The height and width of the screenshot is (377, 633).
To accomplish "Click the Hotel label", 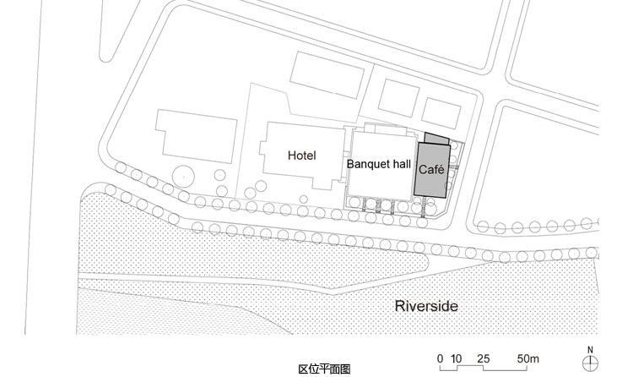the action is pyautogui.click(x=302, y=156).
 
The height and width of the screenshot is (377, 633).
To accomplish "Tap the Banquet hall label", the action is pyautogui.click(x=379, y=164).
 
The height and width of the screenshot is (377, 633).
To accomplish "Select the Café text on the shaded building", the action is pyautogui.click(x=431, y=169).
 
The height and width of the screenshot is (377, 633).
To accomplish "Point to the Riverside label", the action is pyautogui.click(x=426, y=306).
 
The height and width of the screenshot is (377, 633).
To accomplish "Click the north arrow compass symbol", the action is pyautogui.click(x=590, y=363).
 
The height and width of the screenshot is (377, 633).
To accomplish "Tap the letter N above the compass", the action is pyautogui.click(x=590, y=350).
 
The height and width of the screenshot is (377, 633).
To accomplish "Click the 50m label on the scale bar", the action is pyautogui.click(x=528, y=358).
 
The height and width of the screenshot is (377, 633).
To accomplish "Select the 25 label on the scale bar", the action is pyautogui.click(x=484, y=358).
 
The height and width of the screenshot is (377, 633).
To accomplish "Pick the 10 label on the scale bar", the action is pyautogui.click(x=456, y=358).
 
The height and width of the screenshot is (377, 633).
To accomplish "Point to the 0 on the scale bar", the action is pyautogui.click(x=440, y=358).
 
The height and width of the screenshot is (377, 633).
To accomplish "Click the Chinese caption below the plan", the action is pyautogui.click(x=324, y=369).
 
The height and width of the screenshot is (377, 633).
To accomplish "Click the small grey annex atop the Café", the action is pyautogui.click(x=437, y=139).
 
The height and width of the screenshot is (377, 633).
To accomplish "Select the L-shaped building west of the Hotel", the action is pyautogui.click(x=196, y=136).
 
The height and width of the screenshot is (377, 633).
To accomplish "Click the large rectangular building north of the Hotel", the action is pyautogui.click(x=327, y=75).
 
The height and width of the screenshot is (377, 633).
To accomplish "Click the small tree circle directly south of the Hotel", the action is pyautogui.click(x=304, y=199).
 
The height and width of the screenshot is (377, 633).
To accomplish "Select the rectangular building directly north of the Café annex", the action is pyautogui.click(x=441, y=113).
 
